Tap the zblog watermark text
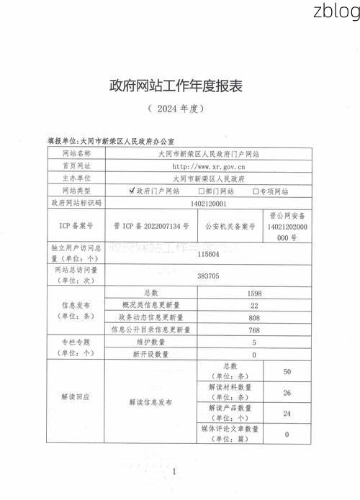336,12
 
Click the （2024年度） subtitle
176,109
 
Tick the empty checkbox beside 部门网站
201,191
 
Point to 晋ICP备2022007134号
151,226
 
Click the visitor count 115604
209,254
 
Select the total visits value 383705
209,276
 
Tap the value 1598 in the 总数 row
254,294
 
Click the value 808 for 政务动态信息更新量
254,317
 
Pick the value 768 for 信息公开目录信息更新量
254,329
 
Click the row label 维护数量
150,342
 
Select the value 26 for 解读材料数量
287,393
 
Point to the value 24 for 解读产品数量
287,414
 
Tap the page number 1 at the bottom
175,471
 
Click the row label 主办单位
76,178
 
